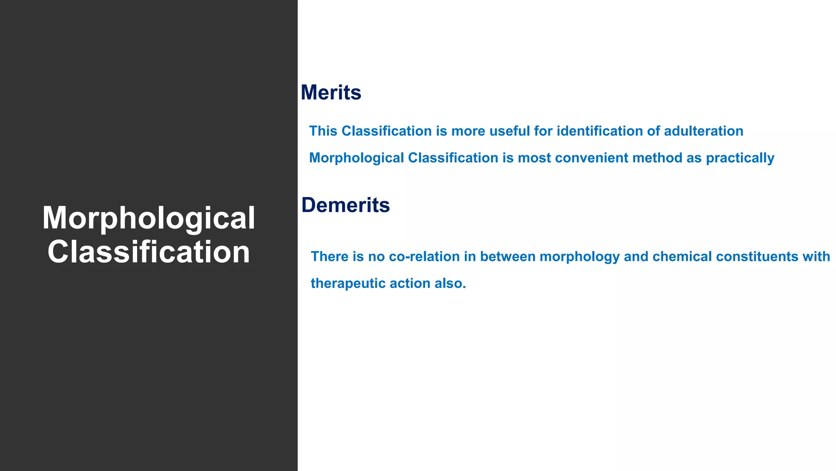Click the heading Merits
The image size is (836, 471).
(x=331, y=92)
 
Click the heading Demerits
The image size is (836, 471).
(x=345, y=205)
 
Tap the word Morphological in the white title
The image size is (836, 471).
(x=149, y=218)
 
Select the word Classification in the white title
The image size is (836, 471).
(x=149, y=252)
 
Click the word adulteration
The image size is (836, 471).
(x=703, y=131)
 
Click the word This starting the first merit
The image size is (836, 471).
(x=323, y=131)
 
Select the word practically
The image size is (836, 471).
(x=740, y=158)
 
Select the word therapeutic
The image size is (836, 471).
(x=348, y=283)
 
